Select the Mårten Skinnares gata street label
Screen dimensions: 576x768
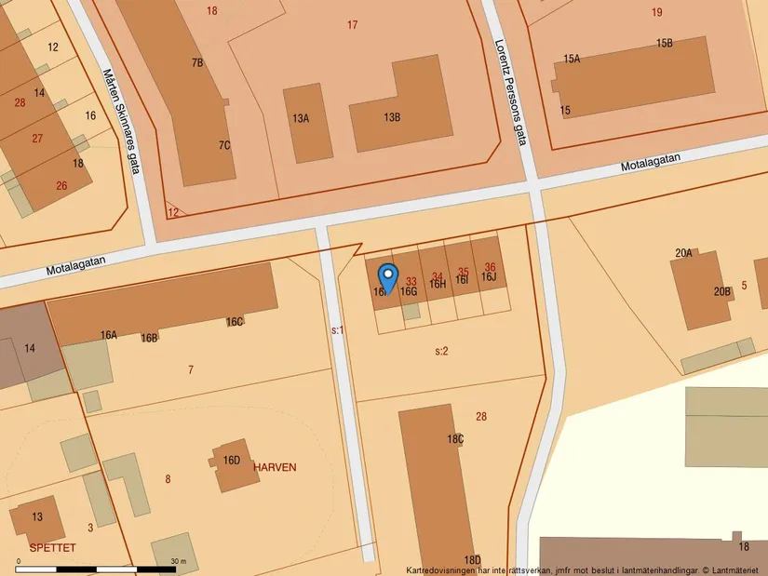120,113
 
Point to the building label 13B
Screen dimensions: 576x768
392,117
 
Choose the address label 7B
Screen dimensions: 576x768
197,62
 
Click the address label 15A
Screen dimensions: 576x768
572,59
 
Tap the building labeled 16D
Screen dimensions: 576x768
232,460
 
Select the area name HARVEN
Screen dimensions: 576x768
275,467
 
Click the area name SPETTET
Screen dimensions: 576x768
51,547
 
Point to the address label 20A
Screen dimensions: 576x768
684,252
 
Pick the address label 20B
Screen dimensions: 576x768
722,291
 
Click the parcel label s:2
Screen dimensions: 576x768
442,351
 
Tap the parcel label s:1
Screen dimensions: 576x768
337,329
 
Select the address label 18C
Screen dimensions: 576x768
455,438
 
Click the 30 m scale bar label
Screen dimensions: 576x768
178,561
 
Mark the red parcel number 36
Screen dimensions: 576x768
490,268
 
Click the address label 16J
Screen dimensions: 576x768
489,277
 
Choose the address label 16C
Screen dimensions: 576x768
235,322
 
